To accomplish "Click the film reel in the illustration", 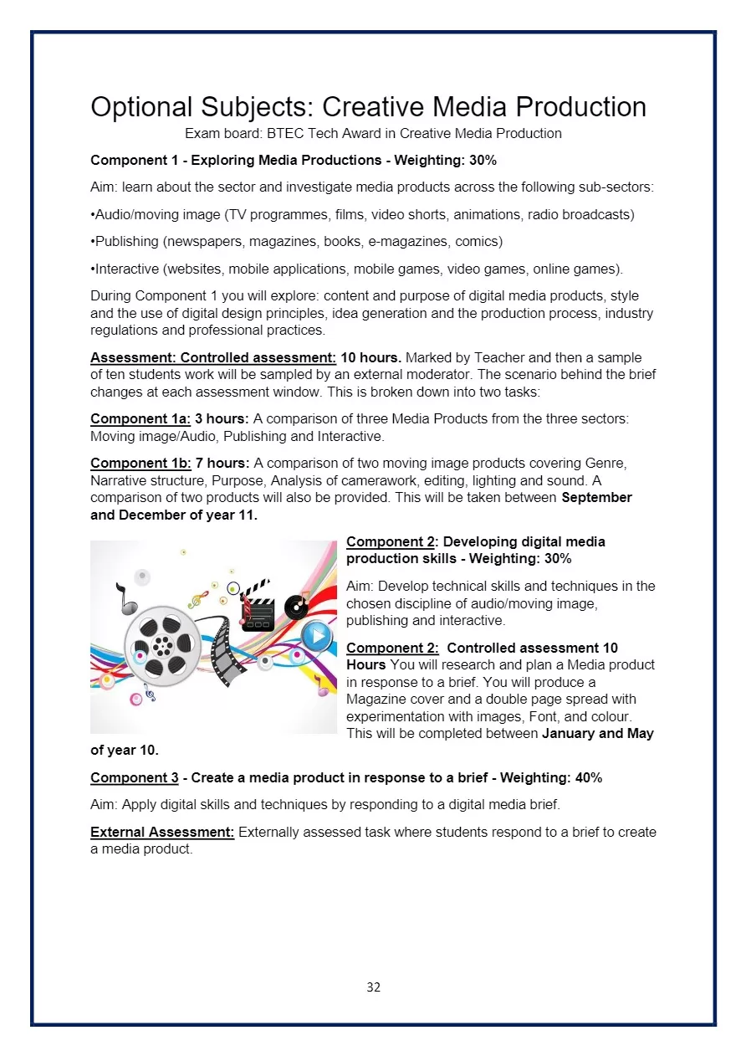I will (162, 645).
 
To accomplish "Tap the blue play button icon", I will (316, 636).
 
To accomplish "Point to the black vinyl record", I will (296, 607).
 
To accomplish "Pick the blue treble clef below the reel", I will (149, 692).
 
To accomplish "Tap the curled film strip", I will (226, 648).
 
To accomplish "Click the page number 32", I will (373, 987).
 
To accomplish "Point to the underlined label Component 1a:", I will (141, 418).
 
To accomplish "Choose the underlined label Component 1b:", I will (141, 463).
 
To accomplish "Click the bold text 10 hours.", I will (370, 357).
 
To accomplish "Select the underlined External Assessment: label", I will (162, 832).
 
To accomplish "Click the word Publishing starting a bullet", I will (126, 241).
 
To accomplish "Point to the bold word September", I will (596, 498).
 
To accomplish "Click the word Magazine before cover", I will (376, 700).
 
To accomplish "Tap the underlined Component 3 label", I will (134, 777).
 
